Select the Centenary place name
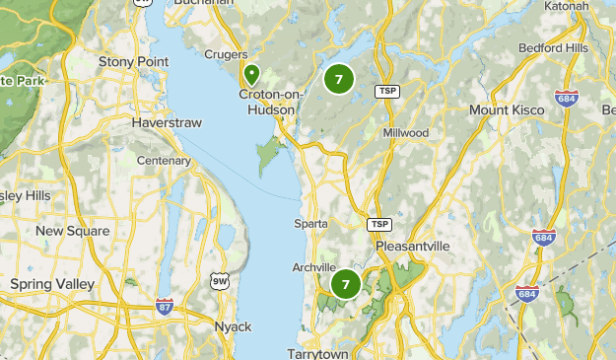[163, 160]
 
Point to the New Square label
[72, 231]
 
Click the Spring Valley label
[49, 283]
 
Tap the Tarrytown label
[319, 353]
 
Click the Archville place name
[313, 267]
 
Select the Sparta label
[310, 224]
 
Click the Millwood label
[406, 132]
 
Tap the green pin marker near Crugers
[252, 73]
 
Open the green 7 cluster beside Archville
[346, 285]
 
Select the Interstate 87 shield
[165, 306]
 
